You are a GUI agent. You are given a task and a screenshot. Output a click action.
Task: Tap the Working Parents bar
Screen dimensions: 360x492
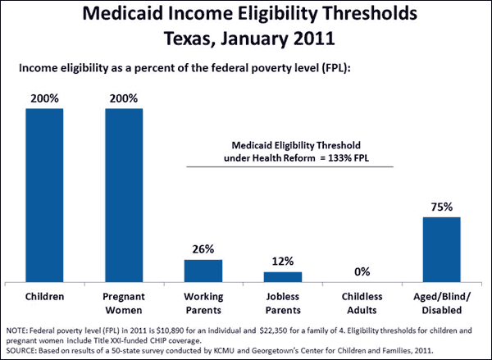click(x=203, y=270)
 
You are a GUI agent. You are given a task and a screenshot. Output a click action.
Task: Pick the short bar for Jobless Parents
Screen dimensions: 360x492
click(x=282, y=276)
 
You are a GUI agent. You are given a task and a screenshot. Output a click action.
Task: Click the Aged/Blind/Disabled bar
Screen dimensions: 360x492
click(x=441, y=249)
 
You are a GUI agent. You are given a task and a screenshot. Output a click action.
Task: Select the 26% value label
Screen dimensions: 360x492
click(x=203, y=249)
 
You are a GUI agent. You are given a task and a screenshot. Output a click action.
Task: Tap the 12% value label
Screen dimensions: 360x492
click(x=282, y=262)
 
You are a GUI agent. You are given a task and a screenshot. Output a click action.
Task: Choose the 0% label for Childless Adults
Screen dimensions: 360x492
click(x=362, y=271)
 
